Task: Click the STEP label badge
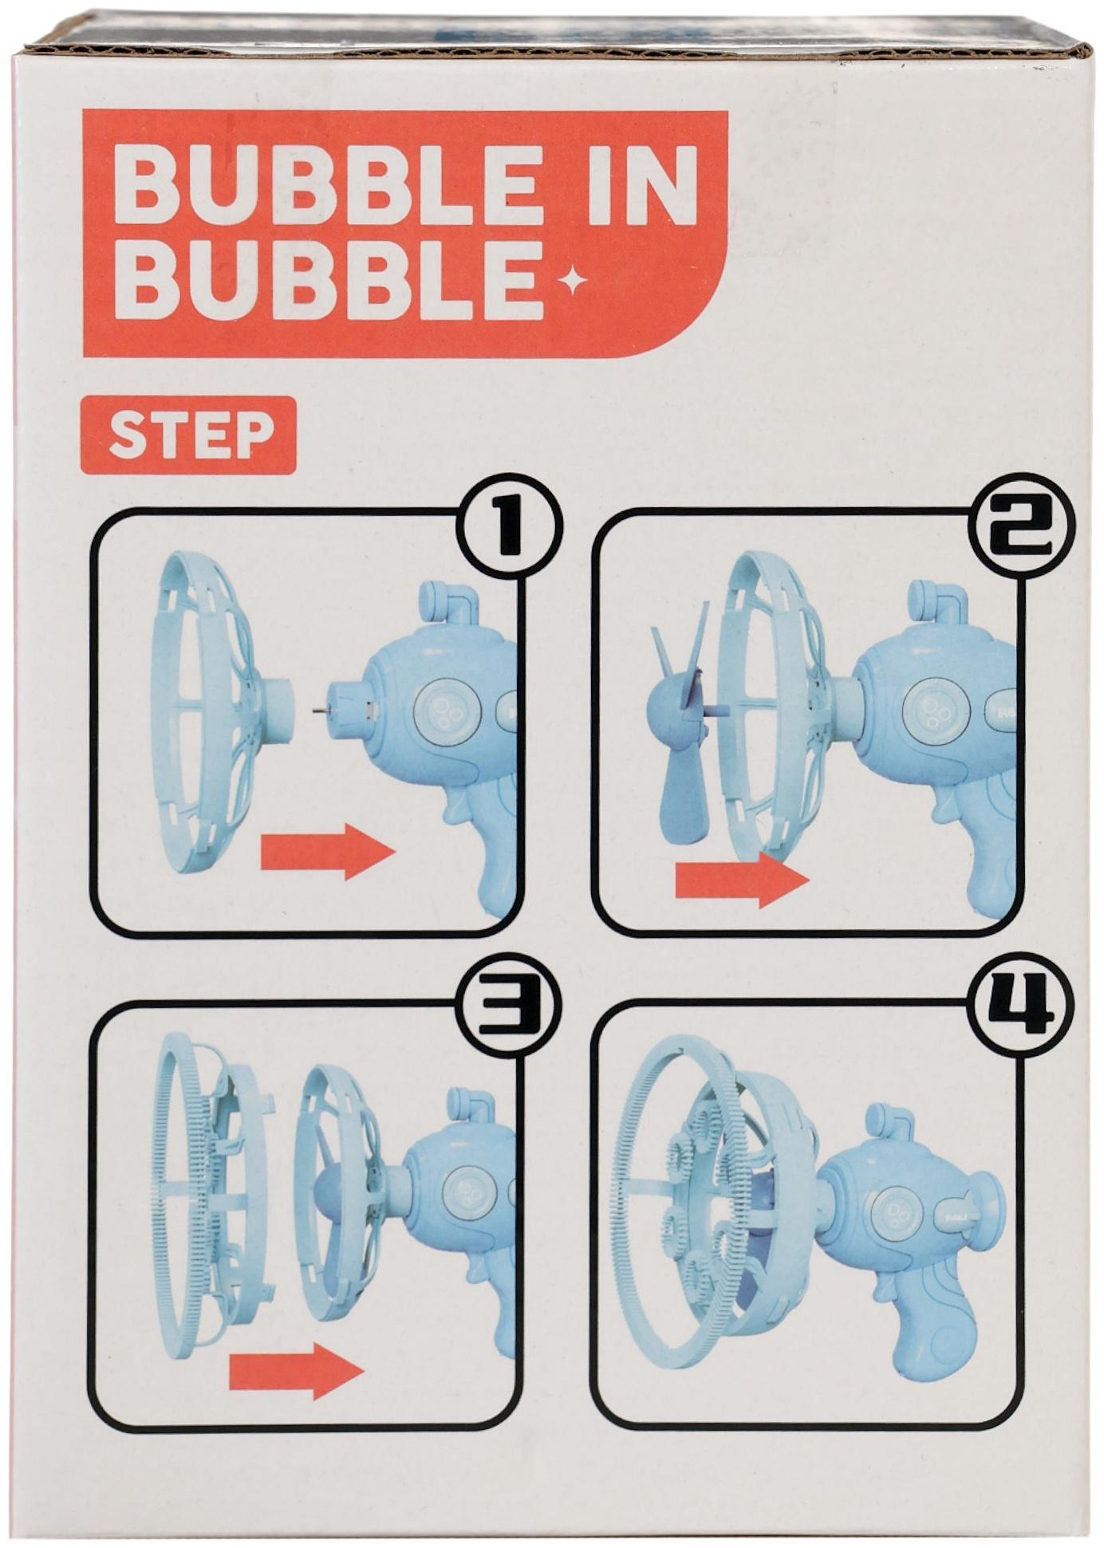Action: [x=189, y=435]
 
